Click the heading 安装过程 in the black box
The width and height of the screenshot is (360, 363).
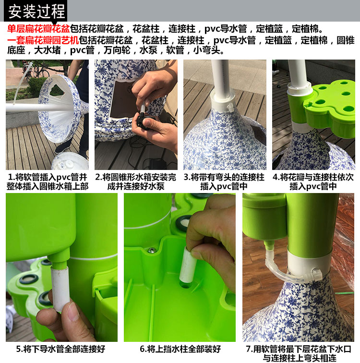(36, 12)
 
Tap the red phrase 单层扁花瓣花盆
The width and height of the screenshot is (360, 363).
(38, 29)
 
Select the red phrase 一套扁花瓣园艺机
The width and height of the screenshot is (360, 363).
(43, 40)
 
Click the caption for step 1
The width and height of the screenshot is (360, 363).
(48, 181)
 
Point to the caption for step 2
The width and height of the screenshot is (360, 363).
(136, 181)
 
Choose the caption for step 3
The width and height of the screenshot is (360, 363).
(224, 181)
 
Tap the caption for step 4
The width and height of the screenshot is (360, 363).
(313, 181)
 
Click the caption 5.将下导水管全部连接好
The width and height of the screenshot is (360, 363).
(60, 349)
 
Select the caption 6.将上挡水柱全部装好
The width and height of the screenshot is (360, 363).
(180, 349)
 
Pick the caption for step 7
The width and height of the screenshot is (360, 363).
(299, 353)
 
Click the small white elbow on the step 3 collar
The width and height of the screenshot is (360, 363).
(230, 107)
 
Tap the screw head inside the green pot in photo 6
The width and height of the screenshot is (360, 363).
(152, 250)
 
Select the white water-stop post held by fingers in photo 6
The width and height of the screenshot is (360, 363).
(188, 265)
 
